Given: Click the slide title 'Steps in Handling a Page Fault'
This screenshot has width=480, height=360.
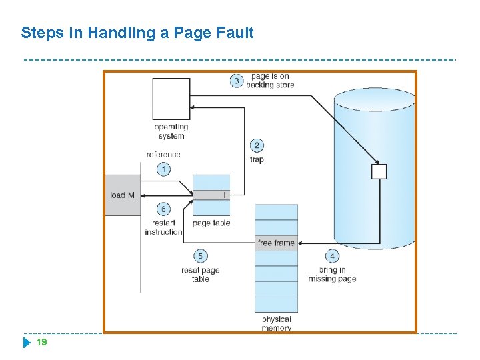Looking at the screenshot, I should (x=137, y=33).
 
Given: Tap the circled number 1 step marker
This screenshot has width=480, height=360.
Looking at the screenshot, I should (x=163, y=169).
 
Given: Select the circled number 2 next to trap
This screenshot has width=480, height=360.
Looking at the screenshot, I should (x=257, y=145).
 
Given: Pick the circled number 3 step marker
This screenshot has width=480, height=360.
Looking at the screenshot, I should (x=237, y=81).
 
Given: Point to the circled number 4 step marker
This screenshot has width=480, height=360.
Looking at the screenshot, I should (x=332, y=256).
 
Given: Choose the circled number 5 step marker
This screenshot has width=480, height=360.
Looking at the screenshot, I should (x=200, y=256).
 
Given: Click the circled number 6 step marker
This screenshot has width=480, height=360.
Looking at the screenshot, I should (x=163, y=209).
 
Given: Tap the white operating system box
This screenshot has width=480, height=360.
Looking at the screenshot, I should (x=171, y=99).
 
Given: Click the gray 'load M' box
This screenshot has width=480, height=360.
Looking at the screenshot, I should (x=123, y=195).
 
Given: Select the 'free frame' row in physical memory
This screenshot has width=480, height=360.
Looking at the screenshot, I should (x=276, y=243).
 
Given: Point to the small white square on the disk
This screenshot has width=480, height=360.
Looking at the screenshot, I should (x=379, y=172).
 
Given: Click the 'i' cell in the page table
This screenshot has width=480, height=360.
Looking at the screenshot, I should (x=225, y=195).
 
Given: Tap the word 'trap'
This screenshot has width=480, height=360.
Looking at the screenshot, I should (x=257, y=160).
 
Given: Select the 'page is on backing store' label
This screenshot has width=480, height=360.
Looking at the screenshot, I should (x=270, y=81).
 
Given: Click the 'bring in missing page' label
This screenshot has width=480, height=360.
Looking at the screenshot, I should (x=332, y=274).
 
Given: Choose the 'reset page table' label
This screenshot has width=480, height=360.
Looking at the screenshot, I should (x=200, y=274).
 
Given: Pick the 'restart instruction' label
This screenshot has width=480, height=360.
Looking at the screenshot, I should (x=163, y=227).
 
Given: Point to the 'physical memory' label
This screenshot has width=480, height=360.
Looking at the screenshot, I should (x=276, y=323).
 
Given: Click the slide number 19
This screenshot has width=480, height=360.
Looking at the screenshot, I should (x=41, y=343).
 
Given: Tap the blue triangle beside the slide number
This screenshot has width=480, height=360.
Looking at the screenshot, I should (x=27, y=343).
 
